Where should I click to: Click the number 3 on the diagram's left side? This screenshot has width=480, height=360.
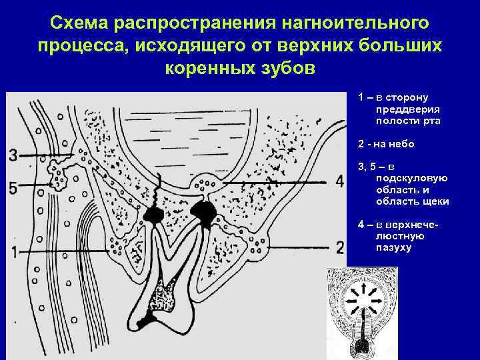14,156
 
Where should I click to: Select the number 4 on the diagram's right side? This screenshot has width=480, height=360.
340,181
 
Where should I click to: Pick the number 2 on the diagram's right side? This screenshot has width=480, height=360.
340,248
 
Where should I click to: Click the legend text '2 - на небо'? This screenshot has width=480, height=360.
386,143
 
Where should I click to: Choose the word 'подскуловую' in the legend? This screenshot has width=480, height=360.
411,178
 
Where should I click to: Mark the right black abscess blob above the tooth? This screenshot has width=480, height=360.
203,212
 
